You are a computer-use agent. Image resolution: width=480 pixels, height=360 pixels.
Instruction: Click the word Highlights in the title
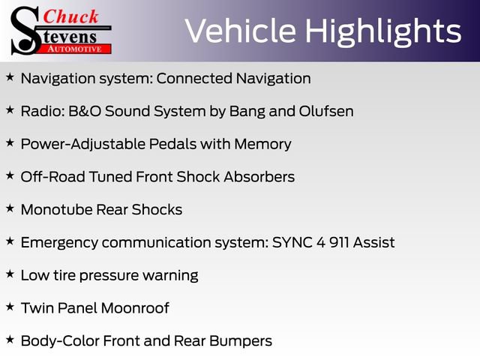tap(383, 31)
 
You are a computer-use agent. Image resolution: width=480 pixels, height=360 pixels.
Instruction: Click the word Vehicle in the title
tap(240, 30)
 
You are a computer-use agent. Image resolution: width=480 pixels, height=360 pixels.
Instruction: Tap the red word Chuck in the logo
tap(70, 16)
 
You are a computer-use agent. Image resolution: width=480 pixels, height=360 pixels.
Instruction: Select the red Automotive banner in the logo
tap(74, 49)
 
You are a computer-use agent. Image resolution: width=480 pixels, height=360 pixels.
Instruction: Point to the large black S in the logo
tap(25, 31)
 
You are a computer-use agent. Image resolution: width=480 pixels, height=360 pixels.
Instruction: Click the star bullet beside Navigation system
tap(10, 77)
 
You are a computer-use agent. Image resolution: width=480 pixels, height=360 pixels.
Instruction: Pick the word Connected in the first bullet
tap(194, 78)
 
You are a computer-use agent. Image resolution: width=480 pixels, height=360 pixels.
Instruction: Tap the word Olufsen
tap(326, 111)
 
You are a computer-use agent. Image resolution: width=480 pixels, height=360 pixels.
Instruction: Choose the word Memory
tap(262, 145)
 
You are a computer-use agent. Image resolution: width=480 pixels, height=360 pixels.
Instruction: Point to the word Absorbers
tap(259, 177)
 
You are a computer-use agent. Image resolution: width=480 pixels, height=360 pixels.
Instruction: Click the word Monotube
tap(57, 210)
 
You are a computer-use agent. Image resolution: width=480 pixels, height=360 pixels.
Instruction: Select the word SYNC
tap(292, 242)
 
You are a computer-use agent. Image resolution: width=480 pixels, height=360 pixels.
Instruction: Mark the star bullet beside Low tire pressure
tap(10, 274)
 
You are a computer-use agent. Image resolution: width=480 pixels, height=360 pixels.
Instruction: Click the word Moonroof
tap(135, 308)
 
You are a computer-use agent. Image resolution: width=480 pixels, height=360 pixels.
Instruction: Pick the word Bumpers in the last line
tap(241, 342)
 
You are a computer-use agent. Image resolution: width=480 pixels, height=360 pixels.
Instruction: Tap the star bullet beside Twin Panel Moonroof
tap(10, 307)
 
